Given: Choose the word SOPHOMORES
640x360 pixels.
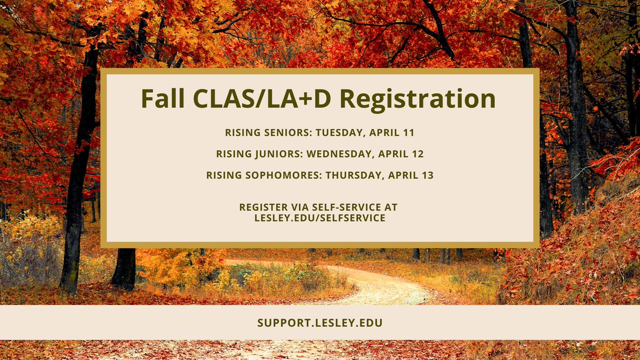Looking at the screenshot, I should click(x=278, y=175).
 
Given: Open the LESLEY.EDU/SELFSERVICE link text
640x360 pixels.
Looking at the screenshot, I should click(x=319, y=218).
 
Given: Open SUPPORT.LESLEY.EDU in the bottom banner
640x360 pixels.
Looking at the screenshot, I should click(x=319, y=323).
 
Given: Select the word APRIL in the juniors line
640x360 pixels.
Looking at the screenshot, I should click(x=394, y=154).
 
